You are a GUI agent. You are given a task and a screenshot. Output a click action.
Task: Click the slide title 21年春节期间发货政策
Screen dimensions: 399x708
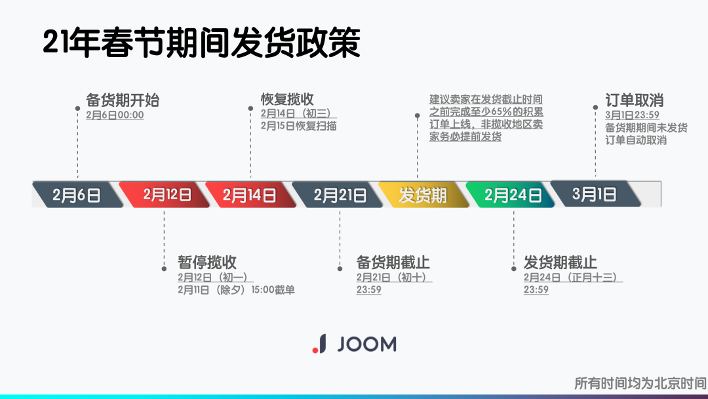pyautogui.click(x=202, y=43)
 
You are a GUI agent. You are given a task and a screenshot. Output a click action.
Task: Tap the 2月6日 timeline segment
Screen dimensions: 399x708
pyautogui.click(x=77, y=195)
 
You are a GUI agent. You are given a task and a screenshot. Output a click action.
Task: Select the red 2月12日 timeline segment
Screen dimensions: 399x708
pyautogui.click(x=167, y=195)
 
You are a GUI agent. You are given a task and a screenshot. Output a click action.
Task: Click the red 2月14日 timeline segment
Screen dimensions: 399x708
pyautogui.click(x=249, y=195)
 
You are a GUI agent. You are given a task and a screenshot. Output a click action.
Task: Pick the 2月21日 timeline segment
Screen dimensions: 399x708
pyautogui.click(x=339, y=195)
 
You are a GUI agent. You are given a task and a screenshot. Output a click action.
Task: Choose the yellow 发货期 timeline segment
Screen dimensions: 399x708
pyautogui.click(x=423, y=195)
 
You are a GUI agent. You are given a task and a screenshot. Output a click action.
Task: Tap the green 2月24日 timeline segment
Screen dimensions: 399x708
pyautogui.click(x=513, y=195)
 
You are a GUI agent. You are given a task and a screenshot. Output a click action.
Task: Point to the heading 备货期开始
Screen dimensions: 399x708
pyautogui.click(x=123, y=100)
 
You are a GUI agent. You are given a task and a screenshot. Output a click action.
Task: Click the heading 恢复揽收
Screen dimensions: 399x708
pyautogui.click(x=287, y=99)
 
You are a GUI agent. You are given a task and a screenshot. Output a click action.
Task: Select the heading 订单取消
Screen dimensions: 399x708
pyautogui.click(x=634, y=100)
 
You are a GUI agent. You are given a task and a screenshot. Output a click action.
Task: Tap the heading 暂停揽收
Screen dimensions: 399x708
pyautogui.click(x=207, y=262)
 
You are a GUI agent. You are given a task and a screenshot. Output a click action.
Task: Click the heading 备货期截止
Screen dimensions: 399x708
pyautogui.click(x=393, y=262)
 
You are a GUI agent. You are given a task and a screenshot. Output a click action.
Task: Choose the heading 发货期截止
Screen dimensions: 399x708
pyautogui.click(x=560, y=262)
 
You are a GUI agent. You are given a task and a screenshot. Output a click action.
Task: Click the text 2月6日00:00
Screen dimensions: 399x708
pyautogui.click(x=115, y=115)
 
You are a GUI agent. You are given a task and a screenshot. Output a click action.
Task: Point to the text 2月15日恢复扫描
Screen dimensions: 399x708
pyautogui.click(x=298, y=126)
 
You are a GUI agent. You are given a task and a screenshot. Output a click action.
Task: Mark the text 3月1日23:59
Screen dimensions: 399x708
pyautogui.click(x=632, y=115)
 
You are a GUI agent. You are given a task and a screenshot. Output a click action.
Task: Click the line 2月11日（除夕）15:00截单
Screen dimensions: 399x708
pyautogui.click(x=236, y=289)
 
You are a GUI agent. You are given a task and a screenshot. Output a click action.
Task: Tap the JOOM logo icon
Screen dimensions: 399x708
pyautogui.click(x=319, y=343)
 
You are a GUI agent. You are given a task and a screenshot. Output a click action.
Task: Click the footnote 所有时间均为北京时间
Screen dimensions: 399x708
pyautogui.click(x=640, y=383)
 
